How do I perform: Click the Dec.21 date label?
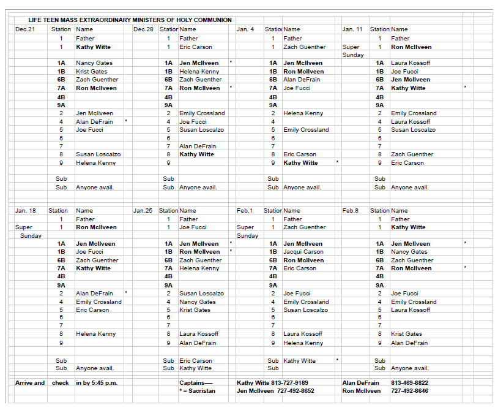click(x=23, y=29)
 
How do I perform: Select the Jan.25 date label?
click(x=143, y=211)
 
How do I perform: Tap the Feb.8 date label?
click(x=351, y=211)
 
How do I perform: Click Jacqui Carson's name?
click(x=303, y=252)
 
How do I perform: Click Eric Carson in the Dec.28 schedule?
click(x=196, y=47)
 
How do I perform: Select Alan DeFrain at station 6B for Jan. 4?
click(x=302, y=80)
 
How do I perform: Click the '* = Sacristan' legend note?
click(x=197, y=391)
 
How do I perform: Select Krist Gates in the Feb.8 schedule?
click(x=406, y=334)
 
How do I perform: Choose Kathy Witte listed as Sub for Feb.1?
click(x=300, y=361)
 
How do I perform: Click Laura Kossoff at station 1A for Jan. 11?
click(x=411, y=63)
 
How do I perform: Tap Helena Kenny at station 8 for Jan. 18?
click(x=95, y=334)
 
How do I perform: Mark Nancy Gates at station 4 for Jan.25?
click(x=198, y=302)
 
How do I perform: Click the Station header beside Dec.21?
click(x=61, y=29)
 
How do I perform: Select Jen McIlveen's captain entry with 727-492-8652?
click(x=275, y=391)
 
